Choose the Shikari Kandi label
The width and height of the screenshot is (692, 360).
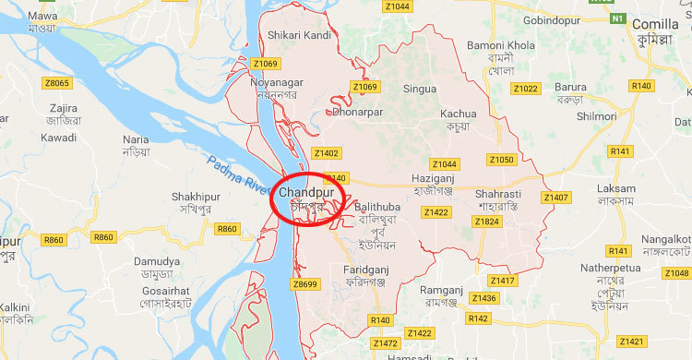click(x=299, y=35)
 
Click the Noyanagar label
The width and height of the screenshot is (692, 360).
click(x=276, y=81)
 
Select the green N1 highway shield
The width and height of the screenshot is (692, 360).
click(x=617, y=18)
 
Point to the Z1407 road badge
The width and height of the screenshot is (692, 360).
click(x=555, y=198)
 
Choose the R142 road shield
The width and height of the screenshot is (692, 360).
click(x=478, y=318)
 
